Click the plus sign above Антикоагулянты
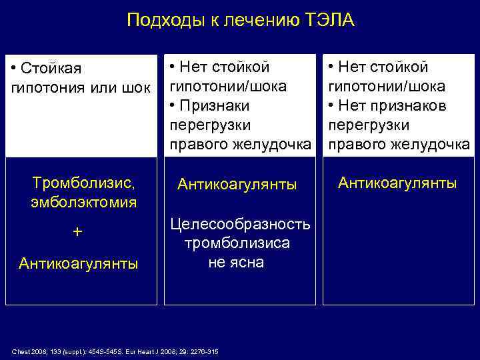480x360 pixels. click(x=78, y=232)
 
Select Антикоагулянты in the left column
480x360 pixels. click(x=79, y=264)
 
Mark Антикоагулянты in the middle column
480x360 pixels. click(x=237, y=185)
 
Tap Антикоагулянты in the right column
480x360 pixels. click(x=397, y=182)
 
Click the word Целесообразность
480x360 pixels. click(x=241, y=223)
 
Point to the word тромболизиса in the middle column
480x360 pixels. click(x=237, y=243)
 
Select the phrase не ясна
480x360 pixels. click(x=236, y=262)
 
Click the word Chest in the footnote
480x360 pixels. click(x=20, y=351)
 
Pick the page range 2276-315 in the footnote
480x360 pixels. click(x=207, y=351)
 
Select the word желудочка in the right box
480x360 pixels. click(x=437, y=145)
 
